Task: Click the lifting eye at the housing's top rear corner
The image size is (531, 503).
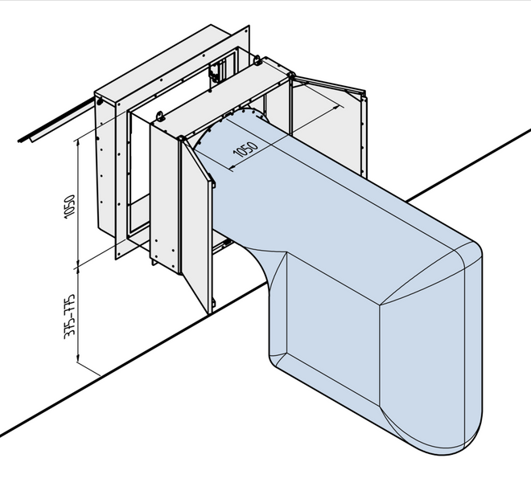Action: click(257, 59)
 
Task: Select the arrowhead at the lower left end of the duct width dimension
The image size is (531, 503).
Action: click(231, 168)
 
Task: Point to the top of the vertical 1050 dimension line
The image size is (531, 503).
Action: click(78, 137)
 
